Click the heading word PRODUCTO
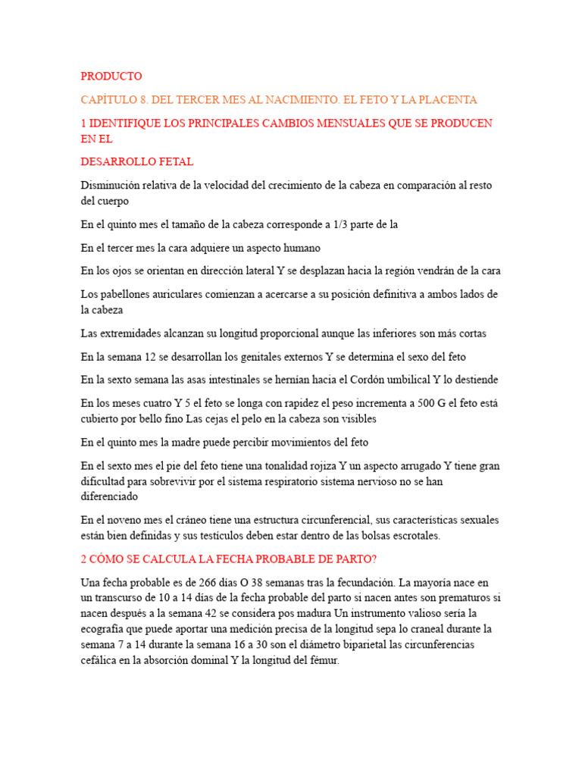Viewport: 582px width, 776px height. click(x=111, y=77)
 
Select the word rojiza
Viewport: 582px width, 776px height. click(x=295, y=466)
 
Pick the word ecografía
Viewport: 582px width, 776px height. click(x=105, y=630)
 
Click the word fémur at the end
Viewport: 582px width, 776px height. click(x=322, y=661)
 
